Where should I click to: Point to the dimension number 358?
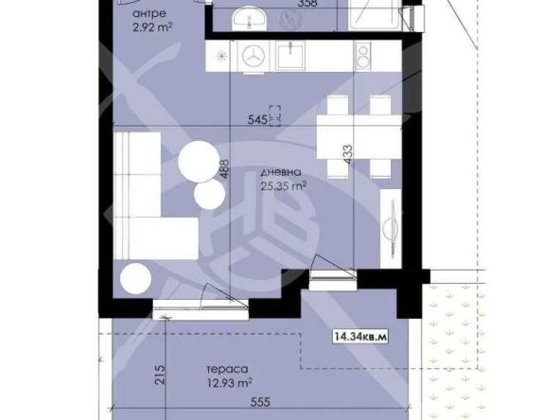coord(306,3)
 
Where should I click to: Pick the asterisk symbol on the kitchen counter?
coord(221,55)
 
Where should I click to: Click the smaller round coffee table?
coord(208,195)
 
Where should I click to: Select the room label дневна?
coord(283,172)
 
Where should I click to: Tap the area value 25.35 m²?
coord(283,186)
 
